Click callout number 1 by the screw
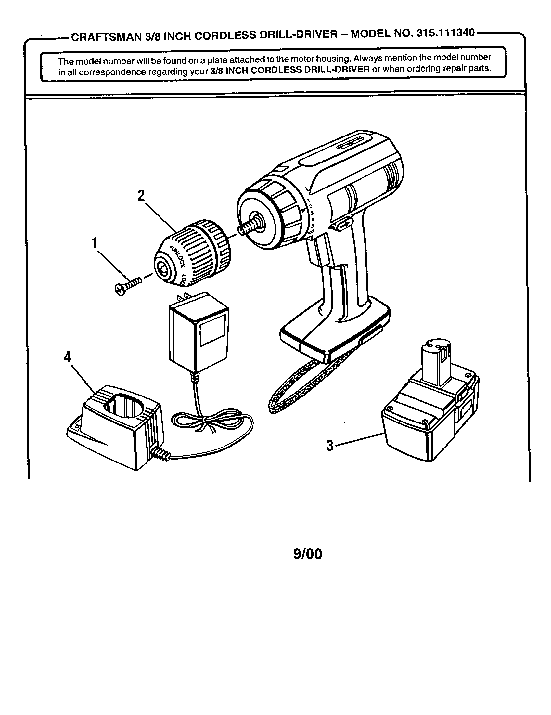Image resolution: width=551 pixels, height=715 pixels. [94, 243]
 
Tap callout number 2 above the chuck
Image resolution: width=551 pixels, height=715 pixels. [141, 196]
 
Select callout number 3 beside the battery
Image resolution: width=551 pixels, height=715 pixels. [329, 446]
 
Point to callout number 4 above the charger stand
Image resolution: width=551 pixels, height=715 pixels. [67, 357]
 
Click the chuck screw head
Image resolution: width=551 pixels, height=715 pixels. [120, 289]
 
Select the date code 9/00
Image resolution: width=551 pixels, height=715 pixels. [308, 554]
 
